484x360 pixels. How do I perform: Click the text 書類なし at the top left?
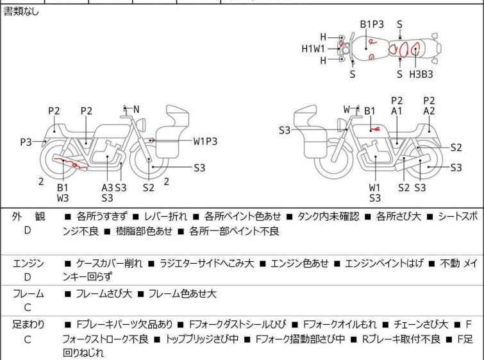point(21,12)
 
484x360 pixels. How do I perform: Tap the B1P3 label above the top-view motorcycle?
point(371,24)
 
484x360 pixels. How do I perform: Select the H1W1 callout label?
point(313,48)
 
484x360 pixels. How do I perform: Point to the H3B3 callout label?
point(422,74)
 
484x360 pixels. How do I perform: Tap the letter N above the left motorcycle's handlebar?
point(136,110)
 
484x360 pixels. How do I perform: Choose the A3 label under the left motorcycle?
point(107,187)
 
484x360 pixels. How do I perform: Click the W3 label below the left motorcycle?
point(62,198)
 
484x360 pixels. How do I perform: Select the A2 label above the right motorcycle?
point(429,110)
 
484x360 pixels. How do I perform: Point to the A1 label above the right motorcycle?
point(397,110)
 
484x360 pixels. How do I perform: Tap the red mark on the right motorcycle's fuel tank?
point(377,129)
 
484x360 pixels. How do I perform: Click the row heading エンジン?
point(28,263)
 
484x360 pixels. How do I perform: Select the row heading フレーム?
point(28,294)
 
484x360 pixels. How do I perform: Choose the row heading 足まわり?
point(28,325)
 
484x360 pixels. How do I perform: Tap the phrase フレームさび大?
point(103,294)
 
